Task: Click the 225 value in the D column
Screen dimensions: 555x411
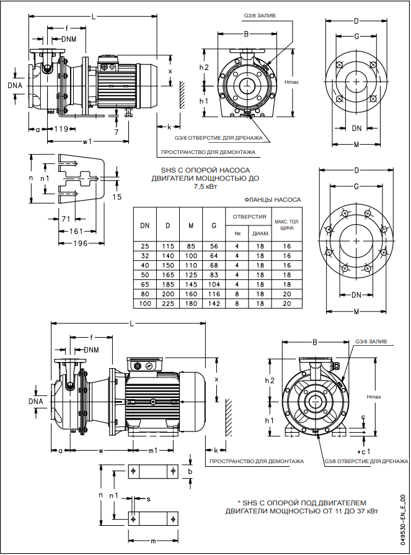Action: pyautogui.click(x=167, y=303)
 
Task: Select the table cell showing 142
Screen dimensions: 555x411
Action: pyautogui.click(x=214, y=303)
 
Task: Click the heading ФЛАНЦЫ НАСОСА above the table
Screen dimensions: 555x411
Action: pyautogui.click(x=273, y=200)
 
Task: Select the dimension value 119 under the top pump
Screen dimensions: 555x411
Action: pyautogui.click(x=61, y=129)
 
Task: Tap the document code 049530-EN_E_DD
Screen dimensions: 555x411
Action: pyautogui.click(x=403, y=519)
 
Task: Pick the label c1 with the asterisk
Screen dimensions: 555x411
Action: pyautogui.click(x=365, y=451)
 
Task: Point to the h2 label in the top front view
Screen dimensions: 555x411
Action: pyautogui.click(x=204, y=67)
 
